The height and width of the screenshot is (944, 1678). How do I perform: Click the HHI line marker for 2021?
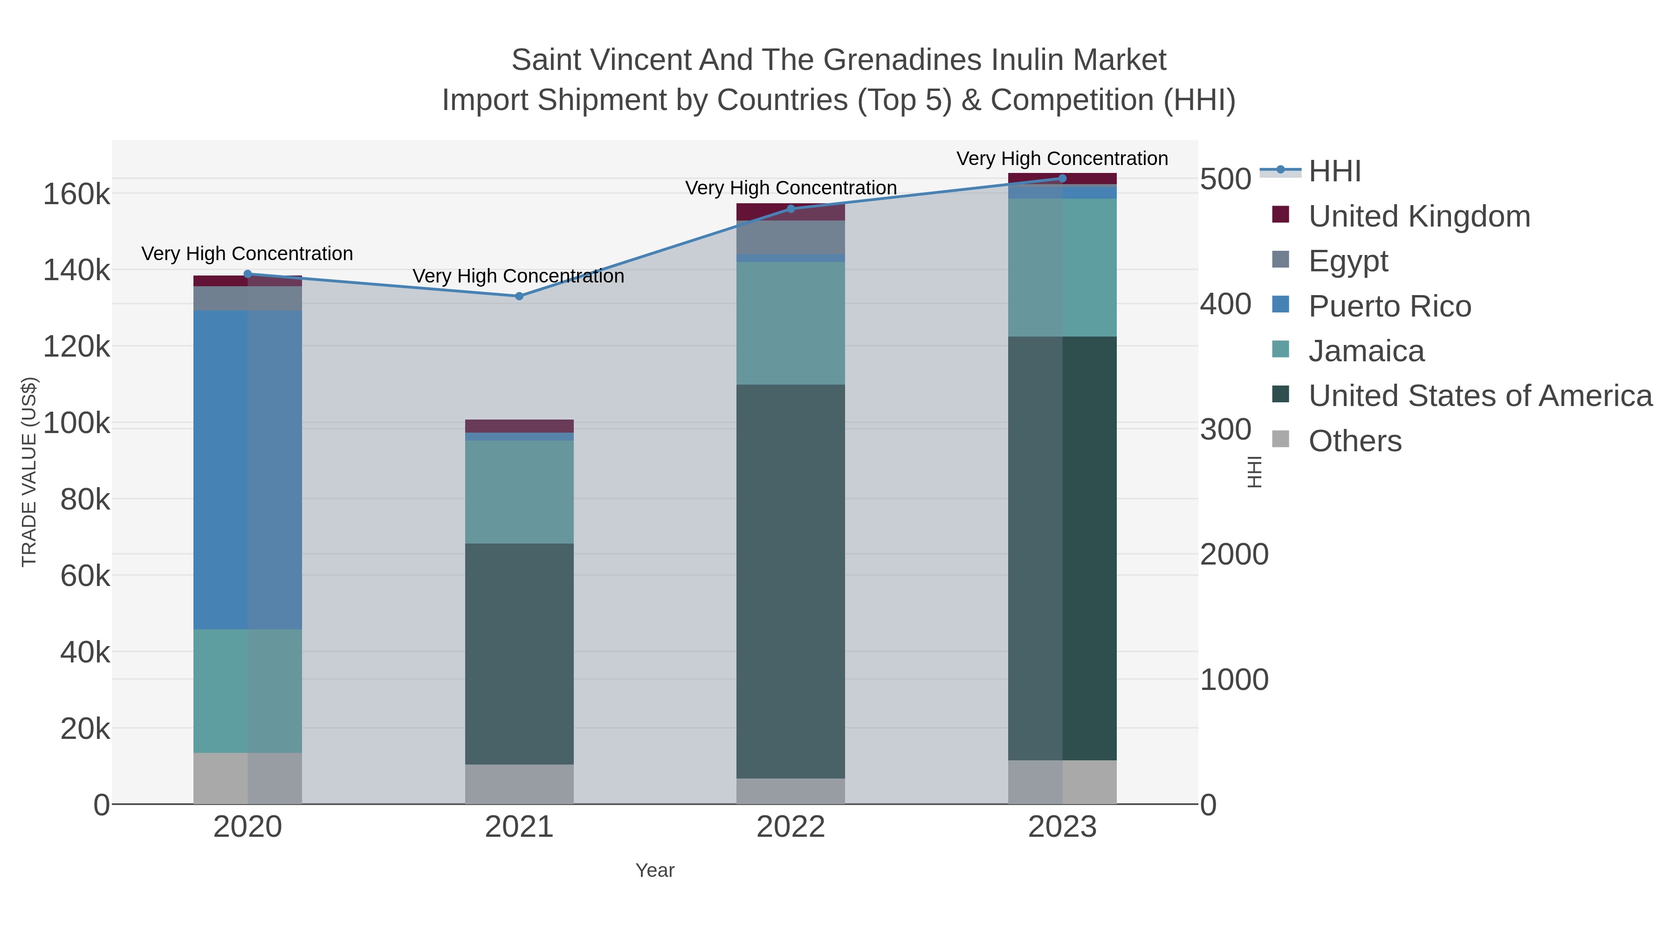click(x=519, y=296)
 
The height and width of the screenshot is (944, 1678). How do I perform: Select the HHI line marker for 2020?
click(x=248, y=274)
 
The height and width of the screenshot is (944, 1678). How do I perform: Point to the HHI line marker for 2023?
click(x=1062, y=179)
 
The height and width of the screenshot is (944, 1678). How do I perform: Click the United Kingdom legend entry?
click(x=1419, y=216)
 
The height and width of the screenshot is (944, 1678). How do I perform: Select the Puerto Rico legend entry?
click(x=1389, y=306)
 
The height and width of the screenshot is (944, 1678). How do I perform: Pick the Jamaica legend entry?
click(x=1366, y=351)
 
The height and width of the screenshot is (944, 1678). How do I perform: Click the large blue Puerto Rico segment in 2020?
click(x=248, y=469)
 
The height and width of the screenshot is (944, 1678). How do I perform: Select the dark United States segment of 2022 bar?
click(x=791, y=580)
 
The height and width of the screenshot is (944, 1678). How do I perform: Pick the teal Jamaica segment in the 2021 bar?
click(x=519, y=492)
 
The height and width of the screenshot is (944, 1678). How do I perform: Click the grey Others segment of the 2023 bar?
click(x=1062, y=782)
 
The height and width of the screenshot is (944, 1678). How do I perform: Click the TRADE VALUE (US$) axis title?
click(x=29, y=472)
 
